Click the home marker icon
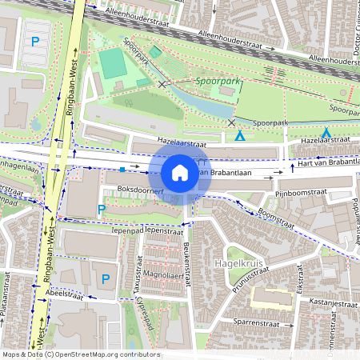click(180, 172)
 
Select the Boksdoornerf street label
click(140, 190)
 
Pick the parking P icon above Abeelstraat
click(106, 278)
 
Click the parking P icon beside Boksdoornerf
click(101, 210)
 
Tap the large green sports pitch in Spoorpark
click(112, 63)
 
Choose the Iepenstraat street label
click(164, 230)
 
